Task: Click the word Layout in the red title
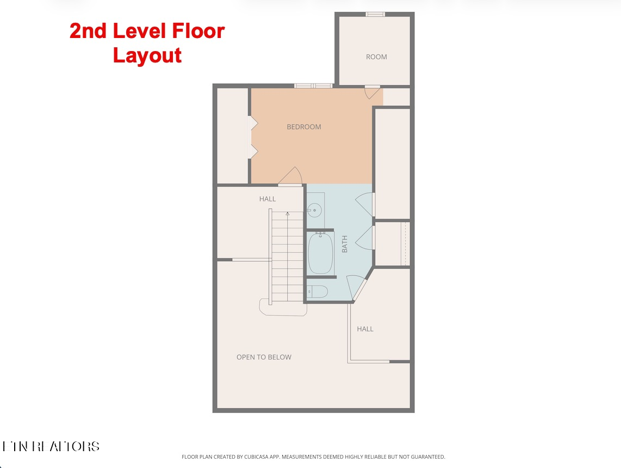pyautogui.click(x=147, y=55)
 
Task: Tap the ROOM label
pyautogui.click(x=376, y=57)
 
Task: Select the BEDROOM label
pyautogui.click(x=304, y=127)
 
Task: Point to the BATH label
pyautogui.click(x=345, y=244)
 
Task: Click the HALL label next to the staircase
pyautogui.click(x=268, y=199)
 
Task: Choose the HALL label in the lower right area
pyautogui.click(x=365, y=329)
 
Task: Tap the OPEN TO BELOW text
pyautogui.click(x=264, y=357)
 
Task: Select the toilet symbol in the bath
pyautogui.click(x=317, y=292)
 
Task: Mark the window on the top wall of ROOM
pyautogui.click(x=375, y=14)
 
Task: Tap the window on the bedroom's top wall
pyautogui.click(x=313, y=85)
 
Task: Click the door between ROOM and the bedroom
pyautogui.click(x=372, y=92)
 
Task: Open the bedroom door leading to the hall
pyautogui.click(x=291, y=177)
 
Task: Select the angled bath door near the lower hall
pyautogui.click(x=357, y=287)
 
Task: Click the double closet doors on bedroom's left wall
pyautogui.click(x=252, y=138)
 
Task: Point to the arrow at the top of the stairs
pyautogui.click(x=287, y=214)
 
